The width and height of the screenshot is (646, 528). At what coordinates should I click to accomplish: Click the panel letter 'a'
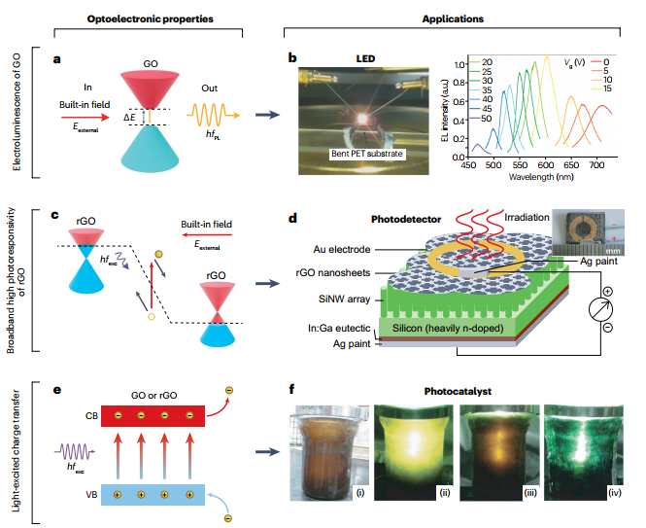click(58, 59)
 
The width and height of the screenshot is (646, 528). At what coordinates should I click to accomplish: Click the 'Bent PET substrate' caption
click(365, 154)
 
